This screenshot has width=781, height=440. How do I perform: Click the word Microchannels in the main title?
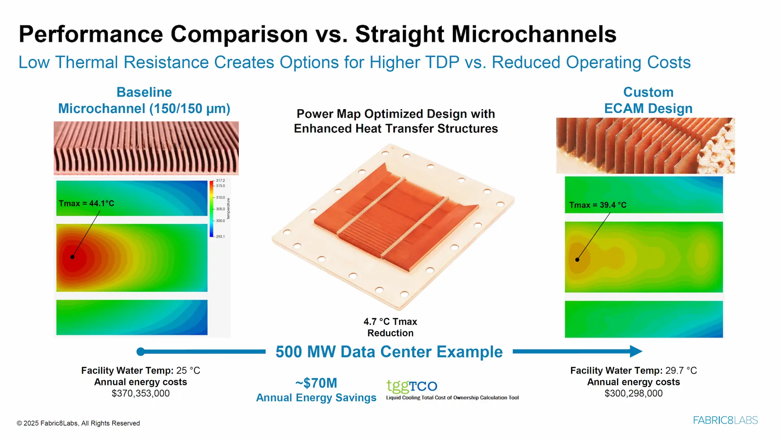pyautogui.click(x=534, y=34)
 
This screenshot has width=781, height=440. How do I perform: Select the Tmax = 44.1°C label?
pyautogui.click(x=86, y=203)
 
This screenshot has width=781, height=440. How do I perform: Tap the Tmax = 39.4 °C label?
pyautogui.click(x=598, y=205)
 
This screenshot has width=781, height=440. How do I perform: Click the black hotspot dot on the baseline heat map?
pyautogui.click(x=72, y=257)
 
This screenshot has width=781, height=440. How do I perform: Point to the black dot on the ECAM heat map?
pyautogui.click(x=577, y=260)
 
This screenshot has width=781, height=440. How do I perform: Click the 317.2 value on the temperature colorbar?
pyautogui.click(x=220, y=180)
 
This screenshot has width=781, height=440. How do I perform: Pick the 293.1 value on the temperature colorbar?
pyautogui.click(x=220, y=236)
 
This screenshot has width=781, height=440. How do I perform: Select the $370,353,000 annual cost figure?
pyautogui.click(x=141, y=394)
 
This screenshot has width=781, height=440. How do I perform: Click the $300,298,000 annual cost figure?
pyautogui.click(x=633, y=394)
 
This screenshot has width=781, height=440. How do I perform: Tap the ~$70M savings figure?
pyautogui.click(x=316, y=383)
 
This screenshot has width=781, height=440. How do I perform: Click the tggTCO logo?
pyautogui.click(x=412, y=385)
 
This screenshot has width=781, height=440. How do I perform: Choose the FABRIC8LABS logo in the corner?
pyautogui.click(x=725, y=420)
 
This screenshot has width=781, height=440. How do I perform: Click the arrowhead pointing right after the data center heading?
pyautogui.click(x=636, y=351)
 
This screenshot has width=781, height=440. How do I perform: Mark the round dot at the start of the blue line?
pyautogui.click(x=141, y=352)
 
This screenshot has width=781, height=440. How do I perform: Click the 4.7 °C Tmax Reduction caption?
pyautogui.click(x=390, y=328)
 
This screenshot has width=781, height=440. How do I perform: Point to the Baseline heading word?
pyautogui.click(x=144, y=92)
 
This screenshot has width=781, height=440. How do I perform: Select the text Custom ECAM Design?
pyautogui.click(x=648, y=100)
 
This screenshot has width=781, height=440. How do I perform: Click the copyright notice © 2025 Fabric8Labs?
pyautogui.click(x=78, y=423)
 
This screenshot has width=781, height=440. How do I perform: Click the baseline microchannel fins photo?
pyautogui.click(x=146, y=148)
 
